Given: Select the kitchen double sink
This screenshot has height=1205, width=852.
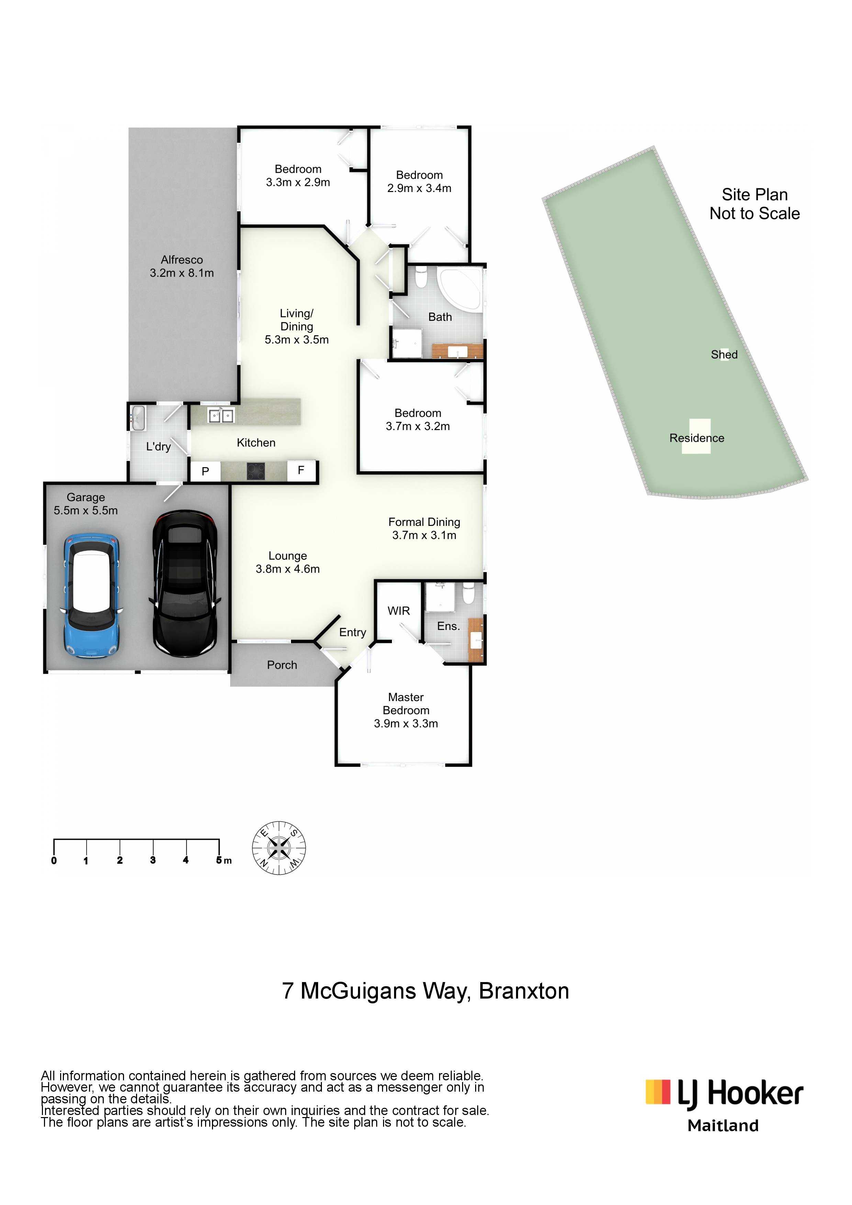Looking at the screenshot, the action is pyautogui.click(x=221, y=416).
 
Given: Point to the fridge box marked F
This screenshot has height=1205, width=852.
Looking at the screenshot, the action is pyautogui.click(x=301, y=470).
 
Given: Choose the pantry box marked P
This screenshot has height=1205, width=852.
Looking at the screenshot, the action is pyautogui.click(x=205, y=471).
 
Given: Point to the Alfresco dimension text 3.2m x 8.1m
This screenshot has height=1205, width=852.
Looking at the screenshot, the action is pyautogui.click(x=182, y=273).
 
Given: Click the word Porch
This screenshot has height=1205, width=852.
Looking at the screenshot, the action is pyautogui.click(x=282, y=665).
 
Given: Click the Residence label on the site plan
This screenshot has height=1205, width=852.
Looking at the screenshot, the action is pyautogui.click(x=697, y=438).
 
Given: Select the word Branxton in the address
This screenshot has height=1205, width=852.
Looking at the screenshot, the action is pyautogui.click(x=524, y=991).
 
